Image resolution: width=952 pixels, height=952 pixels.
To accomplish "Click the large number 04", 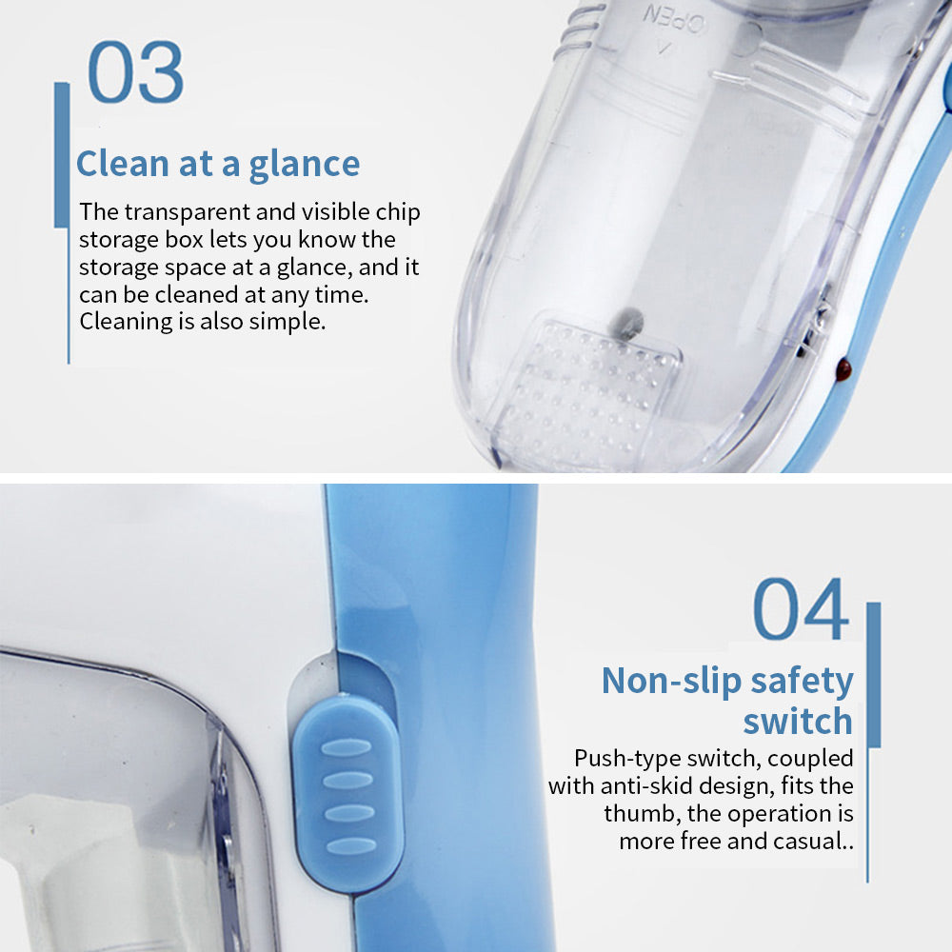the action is tap(801, 609).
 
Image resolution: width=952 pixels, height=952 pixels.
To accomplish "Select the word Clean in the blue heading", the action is tap(122, 164).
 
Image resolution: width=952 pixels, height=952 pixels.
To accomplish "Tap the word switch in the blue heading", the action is tap(798, 721).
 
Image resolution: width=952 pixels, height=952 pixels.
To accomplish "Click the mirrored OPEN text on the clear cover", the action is tap(675, 21).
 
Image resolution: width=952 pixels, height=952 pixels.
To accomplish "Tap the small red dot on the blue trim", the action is tap(843, 367).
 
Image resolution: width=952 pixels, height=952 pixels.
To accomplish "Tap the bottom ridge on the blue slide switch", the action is tap(351, 845).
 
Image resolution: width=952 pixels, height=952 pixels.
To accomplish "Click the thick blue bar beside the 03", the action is tap(62, 155).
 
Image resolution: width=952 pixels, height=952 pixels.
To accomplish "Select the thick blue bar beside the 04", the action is tap(874, 675).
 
